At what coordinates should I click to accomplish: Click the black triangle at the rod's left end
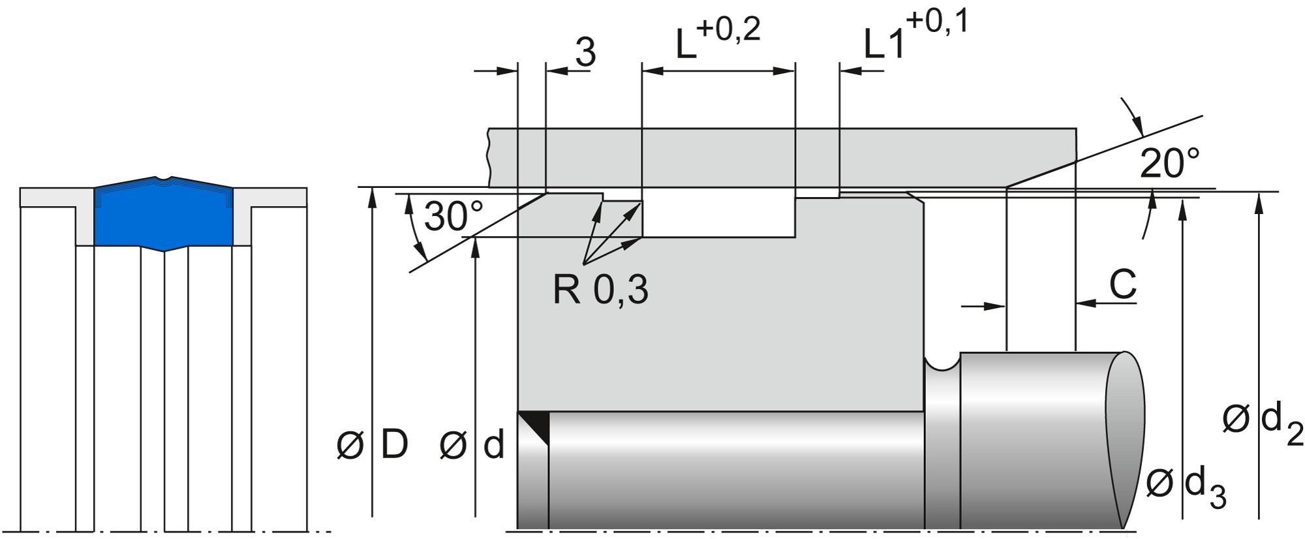coord(533,428)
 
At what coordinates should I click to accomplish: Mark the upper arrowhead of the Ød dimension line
coord(476,246)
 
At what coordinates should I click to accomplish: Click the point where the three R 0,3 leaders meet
coord(585,264)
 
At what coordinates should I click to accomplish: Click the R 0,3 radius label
coord(600,289)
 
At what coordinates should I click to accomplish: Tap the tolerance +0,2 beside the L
coord(729,30)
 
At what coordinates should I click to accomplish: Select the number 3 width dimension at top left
coord(585,52)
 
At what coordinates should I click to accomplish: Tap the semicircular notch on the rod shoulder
coord(943,363)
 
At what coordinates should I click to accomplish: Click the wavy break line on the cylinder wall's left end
coord(489,157)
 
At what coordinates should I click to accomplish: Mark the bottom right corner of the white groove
coord(795,237)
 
